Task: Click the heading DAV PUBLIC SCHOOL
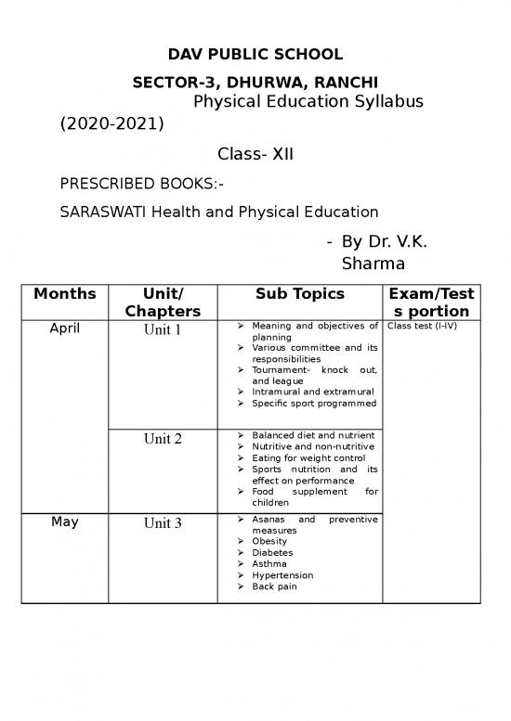coord(255,54)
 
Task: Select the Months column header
coord(65,294)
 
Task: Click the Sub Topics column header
coord(300,294)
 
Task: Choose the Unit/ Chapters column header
coord(164,303)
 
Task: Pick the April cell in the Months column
coord(65,328)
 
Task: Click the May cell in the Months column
coord(65,521)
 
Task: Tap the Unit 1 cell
coord(163,329)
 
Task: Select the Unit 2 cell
coord(163,439)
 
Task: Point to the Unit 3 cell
coord(163,523)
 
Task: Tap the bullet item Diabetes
coord(272,552)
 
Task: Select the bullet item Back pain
coord(276,586)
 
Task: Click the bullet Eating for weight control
coord(308,457)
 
